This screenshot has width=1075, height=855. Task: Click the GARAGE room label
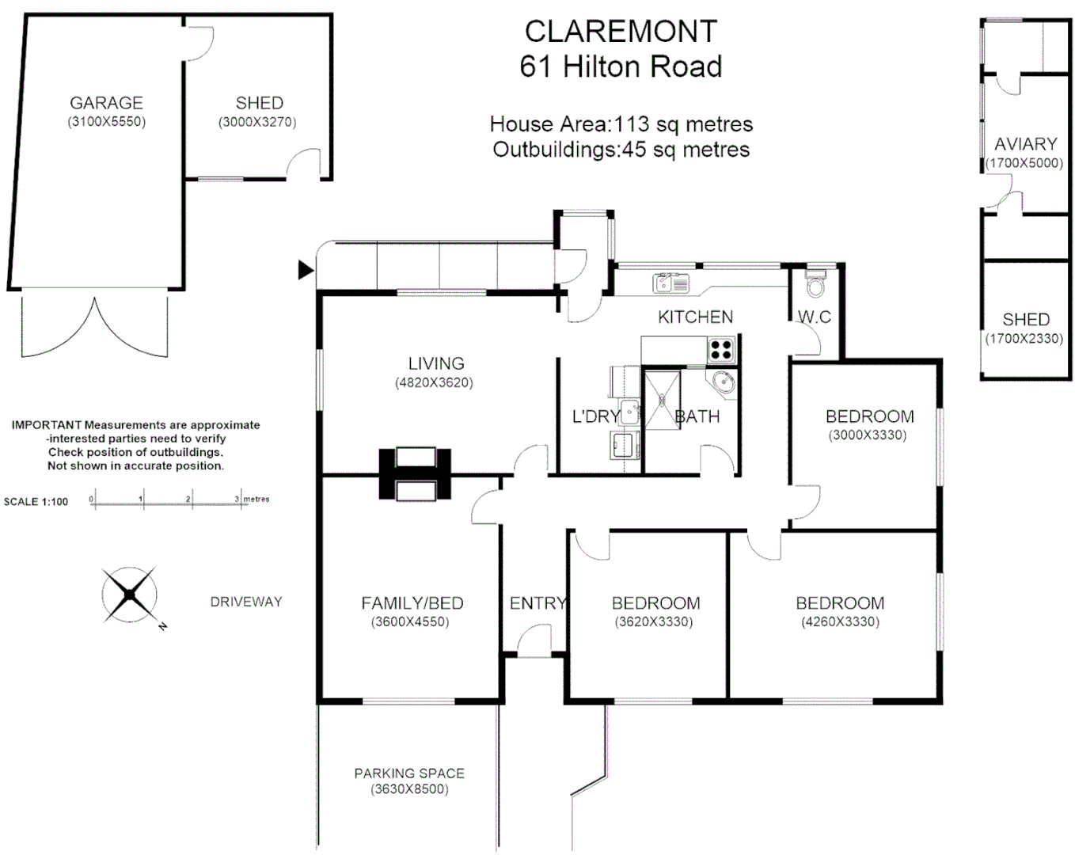tap(106, 103)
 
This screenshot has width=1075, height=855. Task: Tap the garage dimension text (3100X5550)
tap(106, 122)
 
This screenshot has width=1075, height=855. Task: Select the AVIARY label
tap(1025, 144)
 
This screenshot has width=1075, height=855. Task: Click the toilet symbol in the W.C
tap(814, 283)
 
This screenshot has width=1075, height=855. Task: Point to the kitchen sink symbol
tap(670, 283)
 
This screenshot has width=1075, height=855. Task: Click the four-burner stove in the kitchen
tap(721, 348)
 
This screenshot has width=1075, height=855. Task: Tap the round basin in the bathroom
tap(723, 382)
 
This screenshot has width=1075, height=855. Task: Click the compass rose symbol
tap(128, 595)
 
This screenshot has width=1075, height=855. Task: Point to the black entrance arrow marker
tap(306, 270)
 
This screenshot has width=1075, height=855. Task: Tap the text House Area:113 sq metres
tap(621, 124)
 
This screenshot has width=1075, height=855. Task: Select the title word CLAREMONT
tap(621, 32)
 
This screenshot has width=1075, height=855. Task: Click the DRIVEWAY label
tap(245, 602)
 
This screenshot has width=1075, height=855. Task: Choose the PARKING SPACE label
tap(408, 773)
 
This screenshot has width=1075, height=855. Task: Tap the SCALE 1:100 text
tap(36, 501)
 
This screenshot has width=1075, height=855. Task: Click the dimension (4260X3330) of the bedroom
tap(840, 621)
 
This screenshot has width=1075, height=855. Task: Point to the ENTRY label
tap(537, 603)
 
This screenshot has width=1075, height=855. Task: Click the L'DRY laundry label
tap(594, 416)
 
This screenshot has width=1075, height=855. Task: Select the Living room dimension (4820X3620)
tap(435, 382)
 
